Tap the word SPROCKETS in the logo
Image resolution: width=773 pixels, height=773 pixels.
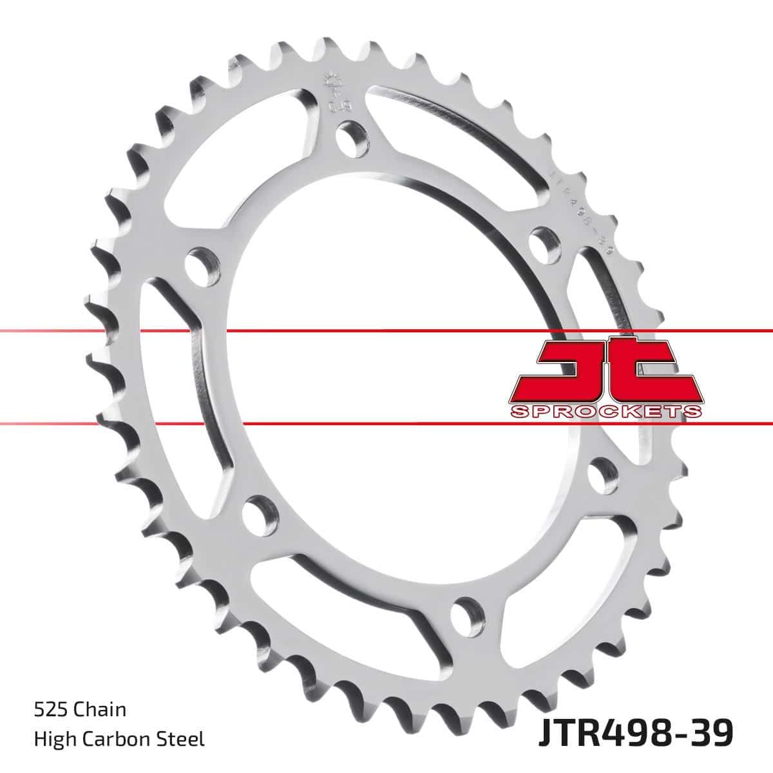coord(605,412)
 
